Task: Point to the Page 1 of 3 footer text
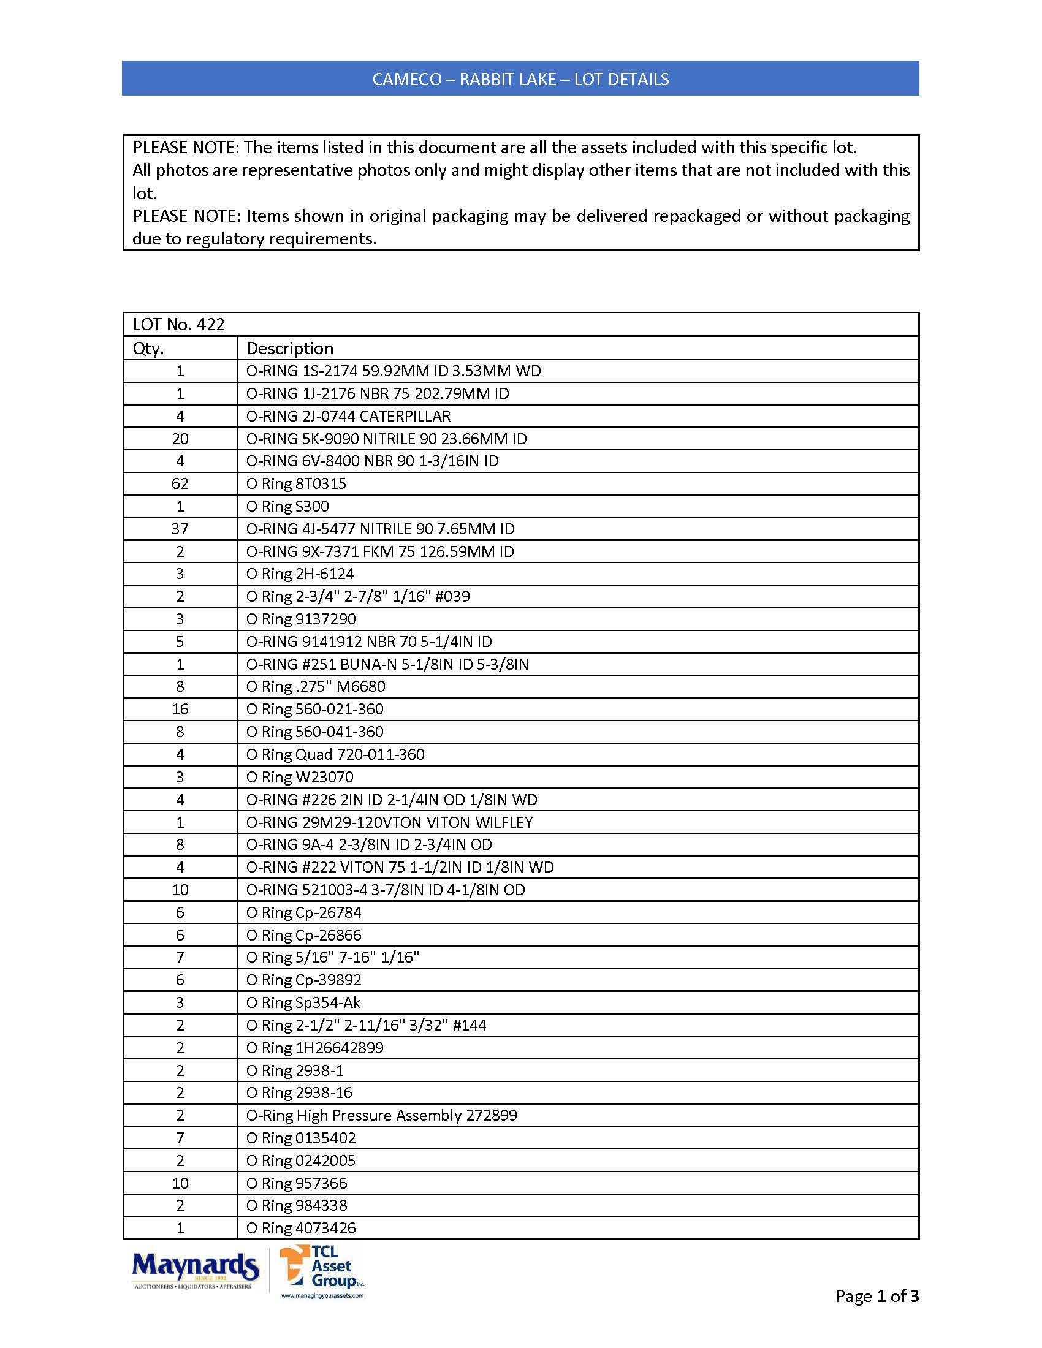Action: click(x=877, y=1295)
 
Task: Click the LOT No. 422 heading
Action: click(x=179, y=325)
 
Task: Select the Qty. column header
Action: click(x=149, y=348)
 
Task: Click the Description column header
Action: click(x=290, y=348)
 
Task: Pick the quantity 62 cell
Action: click(x=180, y=484)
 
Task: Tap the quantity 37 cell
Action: click(x=180, y=529)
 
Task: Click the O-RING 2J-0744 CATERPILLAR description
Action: click(x=349, y=416)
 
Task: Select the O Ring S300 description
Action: click(x=287, y=506)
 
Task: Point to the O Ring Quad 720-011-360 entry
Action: click(x=335, y=754)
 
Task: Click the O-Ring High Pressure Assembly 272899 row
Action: click(x=381, y=1115)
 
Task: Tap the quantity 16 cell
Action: click(x=180, y=709)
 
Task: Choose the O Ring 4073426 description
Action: click(x=301, y=1228)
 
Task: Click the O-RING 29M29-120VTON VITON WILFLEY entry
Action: click(x=389, y=822)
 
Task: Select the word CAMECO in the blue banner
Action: click(x=407, y=79)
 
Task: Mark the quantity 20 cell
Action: click(x=180, y=439)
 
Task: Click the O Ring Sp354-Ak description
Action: click(x=303, y=1002)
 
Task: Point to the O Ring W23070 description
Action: click(x=300, y=777)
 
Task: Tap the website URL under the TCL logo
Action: click(x=322, y=1295)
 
